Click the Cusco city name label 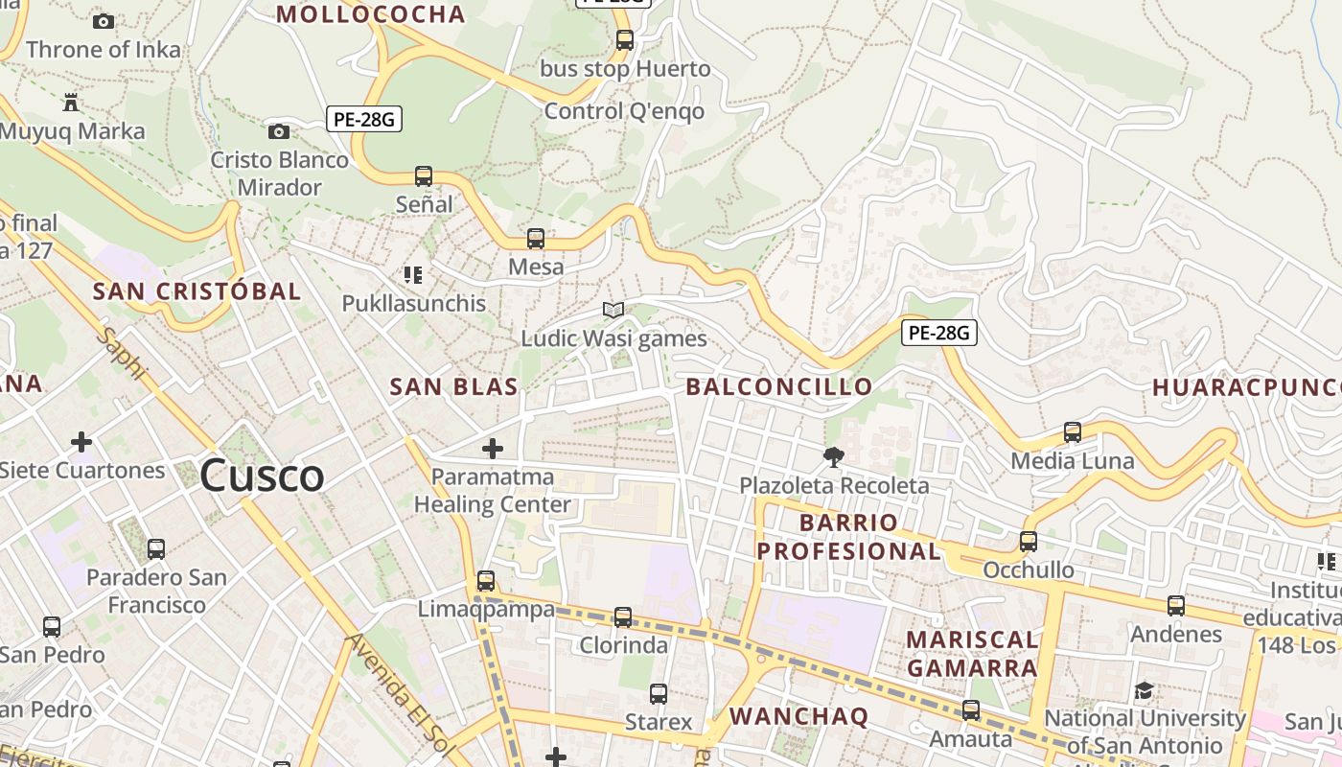263,476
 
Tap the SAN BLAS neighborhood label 453,386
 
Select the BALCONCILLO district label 779,386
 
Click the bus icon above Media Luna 1073,432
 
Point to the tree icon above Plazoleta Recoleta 834,457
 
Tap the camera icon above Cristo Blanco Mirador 279,131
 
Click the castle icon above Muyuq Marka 70,102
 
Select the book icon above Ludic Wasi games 613,310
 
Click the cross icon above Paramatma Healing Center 493,448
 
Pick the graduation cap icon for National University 1144,690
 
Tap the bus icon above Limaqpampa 486,580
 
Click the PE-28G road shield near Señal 363,120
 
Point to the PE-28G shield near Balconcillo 938,333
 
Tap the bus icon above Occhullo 1029,542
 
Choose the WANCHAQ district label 798,716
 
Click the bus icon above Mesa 536,239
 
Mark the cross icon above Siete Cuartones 81,442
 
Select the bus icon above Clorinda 623,616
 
